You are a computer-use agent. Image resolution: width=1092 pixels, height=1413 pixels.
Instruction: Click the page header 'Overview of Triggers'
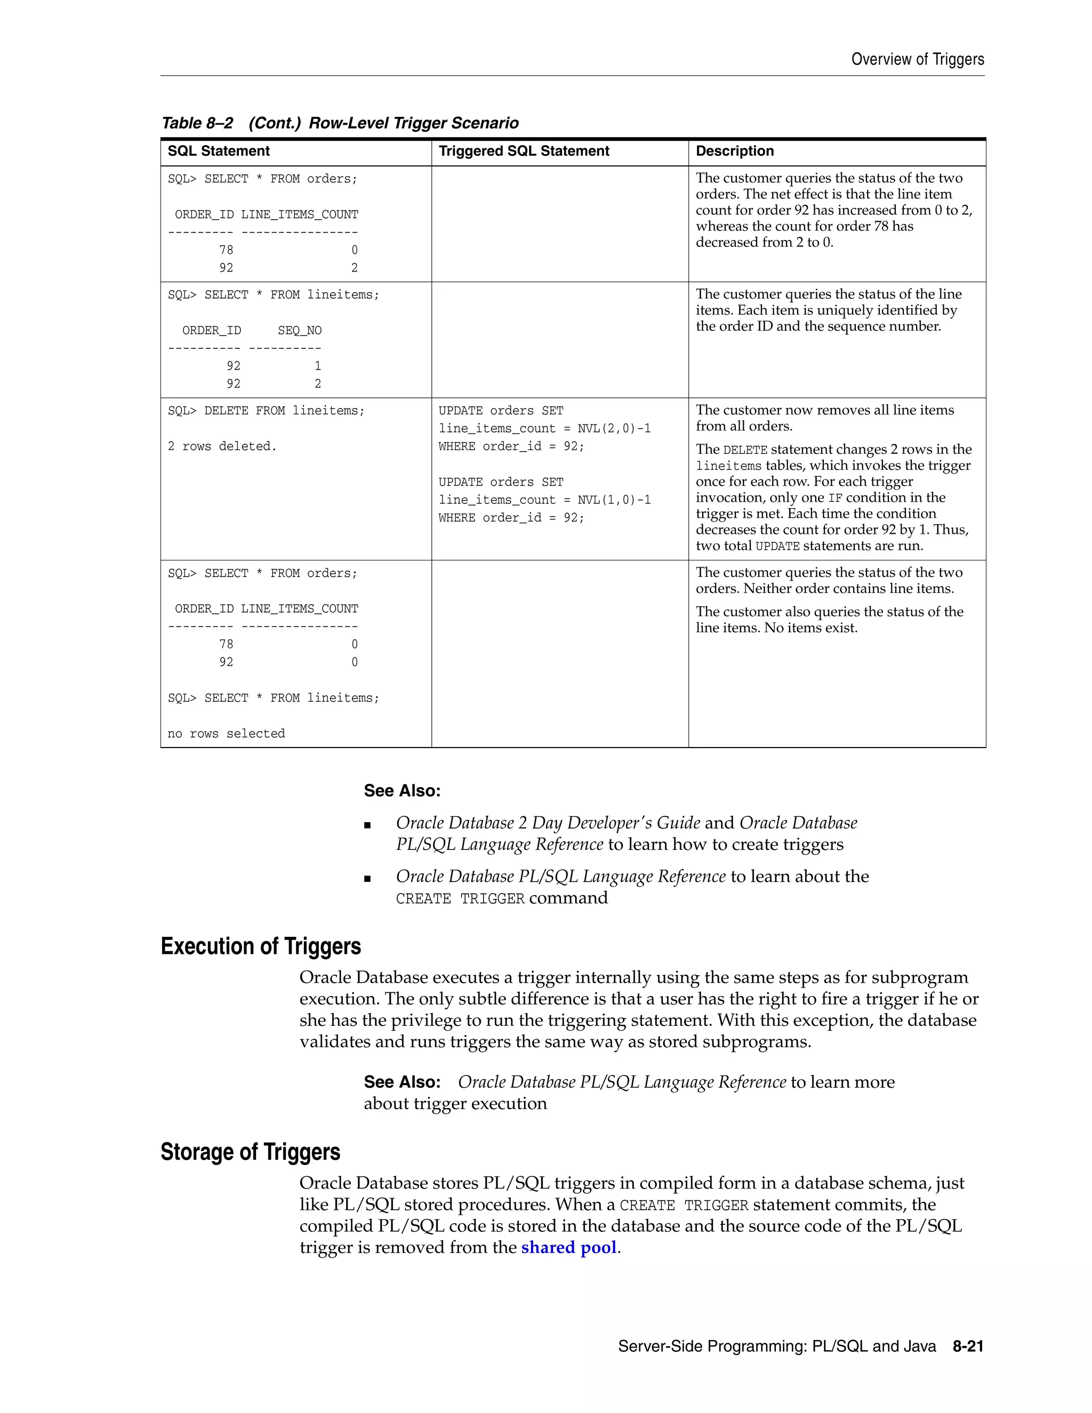[x=917, y=60]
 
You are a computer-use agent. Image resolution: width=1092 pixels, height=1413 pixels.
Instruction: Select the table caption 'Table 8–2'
[x=197, y=123]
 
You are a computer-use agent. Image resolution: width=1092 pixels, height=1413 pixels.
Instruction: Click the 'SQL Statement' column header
[x=219, y=151]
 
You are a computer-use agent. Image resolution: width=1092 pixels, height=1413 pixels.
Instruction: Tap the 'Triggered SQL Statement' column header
[x=524, y=151]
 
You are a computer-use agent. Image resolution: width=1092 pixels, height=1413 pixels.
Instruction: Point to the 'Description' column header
[x=734, y=151]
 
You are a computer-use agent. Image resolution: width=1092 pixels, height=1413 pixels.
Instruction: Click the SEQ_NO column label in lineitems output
[x=300, y=331]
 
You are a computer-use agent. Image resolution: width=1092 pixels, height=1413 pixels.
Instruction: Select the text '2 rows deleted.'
[x=222, y=446]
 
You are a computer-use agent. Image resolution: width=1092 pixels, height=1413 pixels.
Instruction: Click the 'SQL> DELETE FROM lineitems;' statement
[x=266, y=411]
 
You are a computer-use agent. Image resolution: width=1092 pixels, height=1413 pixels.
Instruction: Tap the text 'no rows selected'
[x=226, y=734]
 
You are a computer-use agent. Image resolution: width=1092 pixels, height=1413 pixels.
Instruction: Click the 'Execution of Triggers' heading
[x=261, y=946]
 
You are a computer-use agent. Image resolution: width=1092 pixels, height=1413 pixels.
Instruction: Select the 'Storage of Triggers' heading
[x=251, y=1152]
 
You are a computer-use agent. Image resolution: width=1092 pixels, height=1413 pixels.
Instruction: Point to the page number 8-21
[x=968, y=1346]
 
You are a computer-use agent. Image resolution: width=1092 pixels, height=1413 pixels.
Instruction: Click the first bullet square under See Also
[x=367, y=825]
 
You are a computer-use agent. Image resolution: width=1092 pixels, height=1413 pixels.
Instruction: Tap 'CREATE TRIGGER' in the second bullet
[x=460, y=898]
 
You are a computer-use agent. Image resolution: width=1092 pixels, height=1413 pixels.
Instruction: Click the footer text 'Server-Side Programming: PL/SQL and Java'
[x=776, y=1346]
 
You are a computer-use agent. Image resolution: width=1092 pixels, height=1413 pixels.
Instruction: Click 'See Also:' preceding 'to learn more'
[x=402, y=1082]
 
